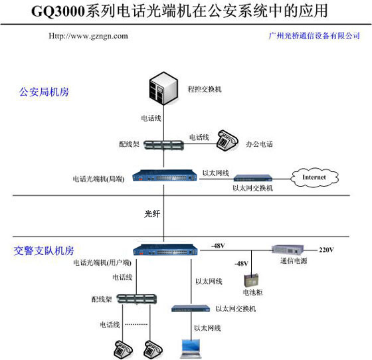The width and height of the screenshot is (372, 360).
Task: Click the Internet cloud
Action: coord(314,177)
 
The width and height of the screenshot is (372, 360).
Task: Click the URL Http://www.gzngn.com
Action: coord(88,36)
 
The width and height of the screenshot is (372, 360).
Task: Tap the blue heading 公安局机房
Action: coord(44,92)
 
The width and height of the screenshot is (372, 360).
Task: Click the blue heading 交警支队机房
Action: coord(44,251)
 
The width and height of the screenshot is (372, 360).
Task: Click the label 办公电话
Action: coord(259,144)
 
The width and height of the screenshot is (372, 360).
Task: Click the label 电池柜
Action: coord(254,292)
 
